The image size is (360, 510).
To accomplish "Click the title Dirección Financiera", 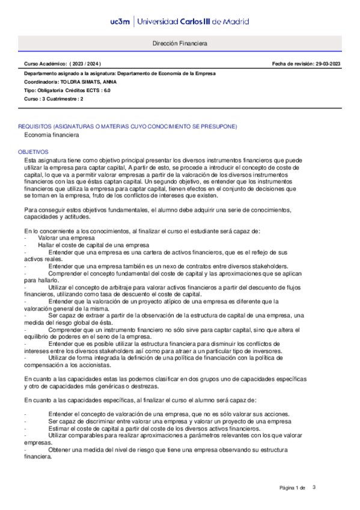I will click(180, 45).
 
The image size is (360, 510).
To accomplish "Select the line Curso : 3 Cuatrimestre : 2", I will click(53, 99).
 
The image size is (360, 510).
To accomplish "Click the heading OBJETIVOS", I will click(33, 153).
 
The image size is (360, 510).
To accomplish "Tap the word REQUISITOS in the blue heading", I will click(34, 127).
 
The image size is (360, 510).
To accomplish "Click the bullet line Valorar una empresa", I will click(62, 221).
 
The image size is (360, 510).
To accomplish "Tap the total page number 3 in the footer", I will click(314, 487).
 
